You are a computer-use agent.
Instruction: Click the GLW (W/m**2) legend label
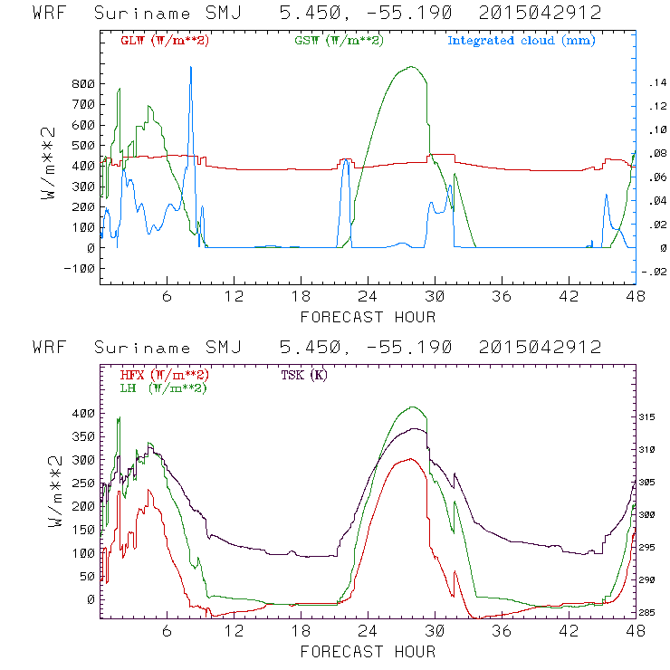click(165, 41)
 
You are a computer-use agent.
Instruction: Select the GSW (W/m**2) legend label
click(337, 41)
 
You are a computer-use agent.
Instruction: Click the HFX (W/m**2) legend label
click(165, 375)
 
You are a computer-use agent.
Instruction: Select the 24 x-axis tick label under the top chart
click(368, 296)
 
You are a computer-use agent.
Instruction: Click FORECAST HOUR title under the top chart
click(368, 316)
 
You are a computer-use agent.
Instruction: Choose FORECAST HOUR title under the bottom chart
click(368, 651)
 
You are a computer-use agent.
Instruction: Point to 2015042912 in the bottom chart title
click(540, 348)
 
